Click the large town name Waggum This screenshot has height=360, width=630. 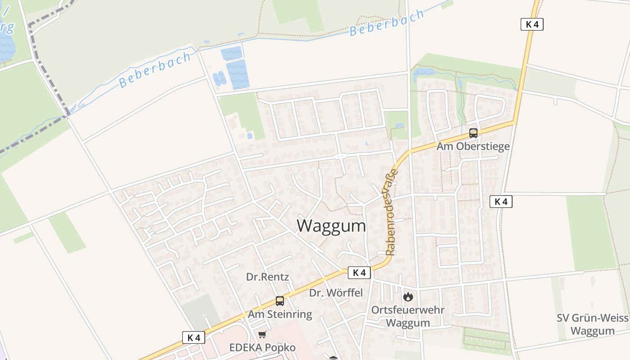pos(331,226)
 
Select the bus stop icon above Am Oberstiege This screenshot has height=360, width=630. pos(473,133)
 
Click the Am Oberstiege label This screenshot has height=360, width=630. pos(473,146)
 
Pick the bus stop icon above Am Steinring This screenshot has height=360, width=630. pos(280,301)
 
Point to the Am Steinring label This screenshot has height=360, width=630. pos(280,314)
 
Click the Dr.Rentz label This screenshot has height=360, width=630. pos(267,277)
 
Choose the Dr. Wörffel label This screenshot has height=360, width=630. pos(336,293)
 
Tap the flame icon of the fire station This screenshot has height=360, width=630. pos(408,297)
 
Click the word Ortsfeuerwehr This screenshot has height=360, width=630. pos(408,310)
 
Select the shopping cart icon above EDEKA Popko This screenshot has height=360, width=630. pos(262,335)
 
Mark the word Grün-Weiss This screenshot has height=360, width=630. pos(600,318)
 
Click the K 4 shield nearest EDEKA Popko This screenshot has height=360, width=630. pos(193,337)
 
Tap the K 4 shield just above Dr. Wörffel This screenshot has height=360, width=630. pos(359,272)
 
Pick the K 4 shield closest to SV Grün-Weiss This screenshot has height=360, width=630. pos(501,202)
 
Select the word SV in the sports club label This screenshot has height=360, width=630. pos(563,318)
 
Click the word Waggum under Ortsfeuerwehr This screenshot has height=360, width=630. pos(408,323)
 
